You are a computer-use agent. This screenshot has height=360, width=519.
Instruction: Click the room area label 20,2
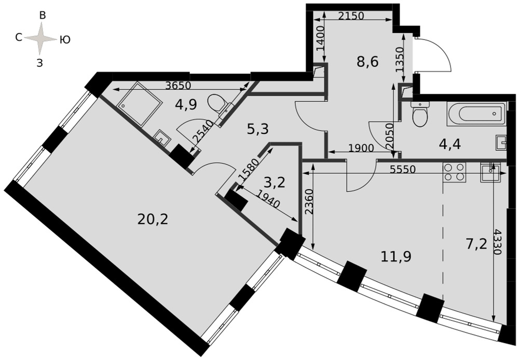point(153,219)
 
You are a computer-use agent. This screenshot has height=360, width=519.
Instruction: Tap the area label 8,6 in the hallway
point(367,62)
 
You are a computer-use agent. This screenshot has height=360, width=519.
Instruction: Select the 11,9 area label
point(396,256)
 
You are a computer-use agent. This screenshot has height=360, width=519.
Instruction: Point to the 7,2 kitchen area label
point(476,245)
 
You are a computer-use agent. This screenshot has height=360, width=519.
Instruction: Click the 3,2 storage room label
point(275,182)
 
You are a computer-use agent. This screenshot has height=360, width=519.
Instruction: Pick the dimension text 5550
point(402,169)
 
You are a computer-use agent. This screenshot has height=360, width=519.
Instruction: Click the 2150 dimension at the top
point(351,16)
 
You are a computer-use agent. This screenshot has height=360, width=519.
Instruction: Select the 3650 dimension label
point(179,85)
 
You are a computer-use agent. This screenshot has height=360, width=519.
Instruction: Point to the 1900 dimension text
point(361,148)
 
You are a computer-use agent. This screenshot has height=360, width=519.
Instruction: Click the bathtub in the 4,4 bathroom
point(476,114)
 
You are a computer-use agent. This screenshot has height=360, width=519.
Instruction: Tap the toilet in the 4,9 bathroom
point(219,104)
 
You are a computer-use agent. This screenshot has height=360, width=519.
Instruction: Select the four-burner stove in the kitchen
point(454,172)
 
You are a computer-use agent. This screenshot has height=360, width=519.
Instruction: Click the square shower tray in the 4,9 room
point(139,104)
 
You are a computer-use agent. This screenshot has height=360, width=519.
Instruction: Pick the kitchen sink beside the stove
point(490,172)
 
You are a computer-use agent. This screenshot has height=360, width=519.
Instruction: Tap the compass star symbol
point(40,39)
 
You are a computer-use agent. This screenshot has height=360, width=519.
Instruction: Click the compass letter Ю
point(65,40)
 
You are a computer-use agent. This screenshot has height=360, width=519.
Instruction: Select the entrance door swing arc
point(433,55)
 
